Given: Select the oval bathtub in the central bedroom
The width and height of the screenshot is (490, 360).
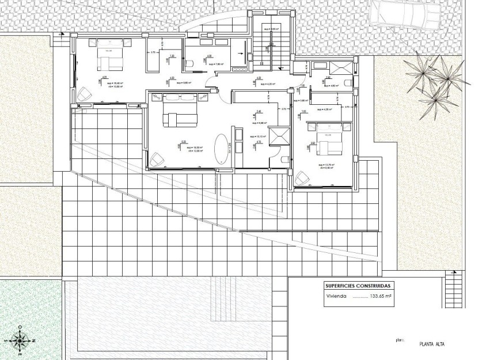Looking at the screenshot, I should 221,149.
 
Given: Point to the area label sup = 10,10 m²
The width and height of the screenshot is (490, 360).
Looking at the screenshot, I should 253,137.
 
